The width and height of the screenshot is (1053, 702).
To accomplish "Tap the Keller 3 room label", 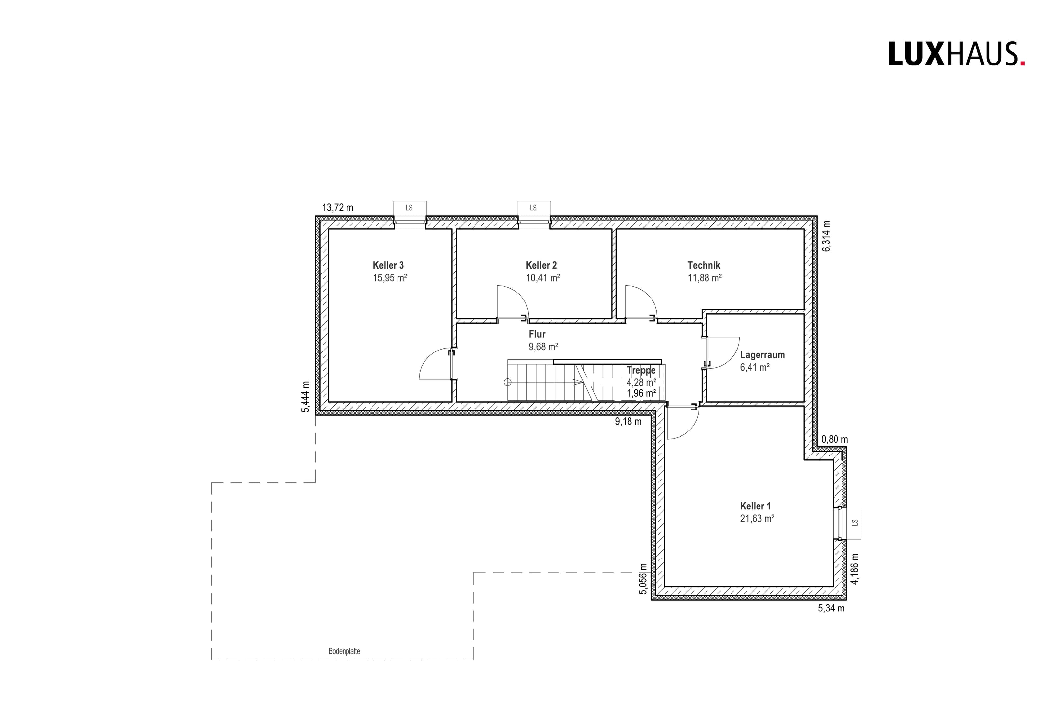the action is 388,266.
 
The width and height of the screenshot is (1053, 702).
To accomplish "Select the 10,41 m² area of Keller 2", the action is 543,278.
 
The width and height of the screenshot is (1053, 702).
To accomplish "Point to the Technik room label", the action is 704,266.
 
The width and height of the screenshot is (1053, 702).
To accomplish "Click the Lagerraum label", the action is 762,355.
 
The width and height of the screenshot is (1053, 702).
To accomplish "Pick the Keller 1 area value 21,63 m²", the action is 757,519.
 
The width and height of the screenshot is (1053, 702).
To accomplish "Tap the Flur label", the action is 537,334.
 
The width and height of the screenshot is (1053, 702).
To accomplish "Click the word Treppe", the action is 641,370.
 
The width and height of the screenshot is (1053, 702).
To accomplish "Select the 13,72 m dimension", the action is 338,208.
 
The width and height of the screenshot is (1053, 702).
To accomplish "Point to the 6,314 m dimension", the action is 826,236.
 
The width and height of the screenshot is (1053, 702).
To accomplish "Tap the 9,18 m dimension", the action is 628,422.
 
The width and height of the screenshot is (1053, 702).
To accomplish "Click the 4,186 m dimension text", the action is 855,569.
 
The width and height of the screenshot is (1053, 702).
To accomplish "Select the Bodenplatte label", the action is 344,651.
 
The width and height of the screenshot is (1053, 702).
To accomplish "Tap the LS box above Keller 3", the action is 409,208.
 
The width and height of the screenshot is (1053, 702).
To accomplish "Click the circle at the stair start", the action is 507,382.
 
